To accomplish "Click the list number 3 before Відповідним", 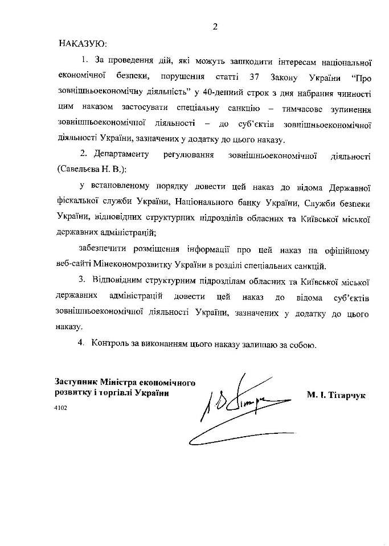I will pyautogui.click(x=82, y=281).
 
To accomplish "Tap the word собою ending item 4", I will pyautogui.click(x=301, y=344).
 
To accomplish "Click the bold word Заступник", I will pyautogui.click(x=75, y=381).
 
